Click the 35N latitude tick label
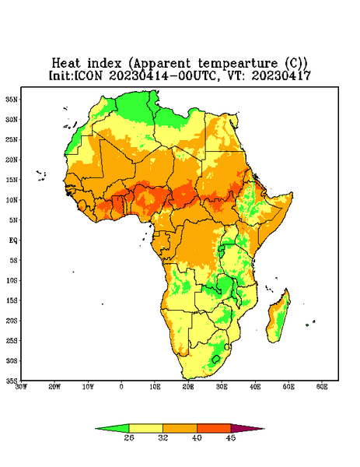tap(12, 99)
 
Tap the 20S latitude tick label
tap(12, 321)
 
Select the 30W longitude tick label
tap(21, 387)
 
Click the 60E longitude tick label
tap(322, 387)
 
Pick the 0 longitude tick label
tap(121, 387)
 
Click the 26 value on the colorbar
tap(129, 437)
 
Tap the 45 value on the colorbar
tap(231, 437)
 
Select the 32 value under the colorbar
tap(163, 437)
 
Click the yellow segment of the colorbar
tap(145, 428)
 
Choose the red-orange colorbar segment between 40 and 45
tap(214, 428)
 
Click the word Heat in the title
tap(66, 64)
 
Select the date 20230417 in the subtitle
tap(281, 75)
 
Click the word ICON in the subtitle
tap(88, 75)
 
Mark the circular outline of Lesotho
tap(216, 359)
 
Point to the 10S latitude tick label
tap(12, 280)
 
